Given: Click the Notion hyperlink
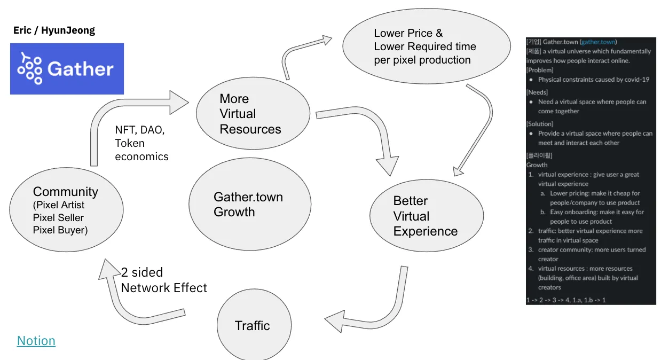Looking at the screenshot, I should click(x=36, y=341).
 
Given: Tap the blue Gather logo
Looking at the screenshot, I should click(x=67, y=69).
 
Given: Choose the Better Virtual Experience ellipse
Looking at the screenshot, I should click(x=426, y=216).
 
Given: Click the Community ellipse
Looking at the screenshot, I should click(x=66, y=212).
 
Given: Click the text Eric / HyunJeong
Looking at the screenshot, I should click(x=54, y=30).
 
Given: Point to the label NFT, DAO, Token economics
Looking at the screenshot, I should click(x=141, y=143).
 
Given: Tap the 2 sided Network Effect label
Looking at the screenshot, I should click(x=163, y=280).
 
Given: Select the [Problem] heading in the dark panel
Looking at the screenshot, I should click(x=539, y=70).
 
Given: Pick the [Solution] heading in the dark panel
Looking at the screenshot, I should click(x=539, y=124).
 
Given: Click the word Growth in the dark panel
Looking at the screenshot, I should click(x=537, y=165).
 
